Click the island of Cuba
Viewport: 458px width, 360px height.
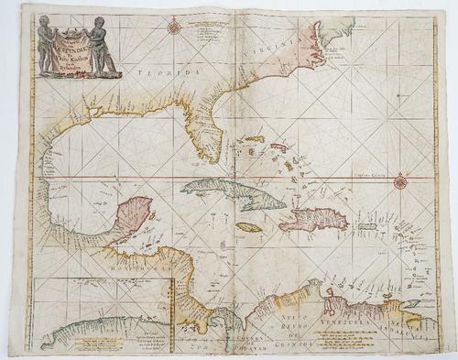point(234,193)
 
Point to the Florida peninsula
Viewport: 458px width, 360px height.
point(210,137)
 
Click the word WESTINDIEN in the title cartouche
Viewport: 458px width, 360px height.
point(79,36)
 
